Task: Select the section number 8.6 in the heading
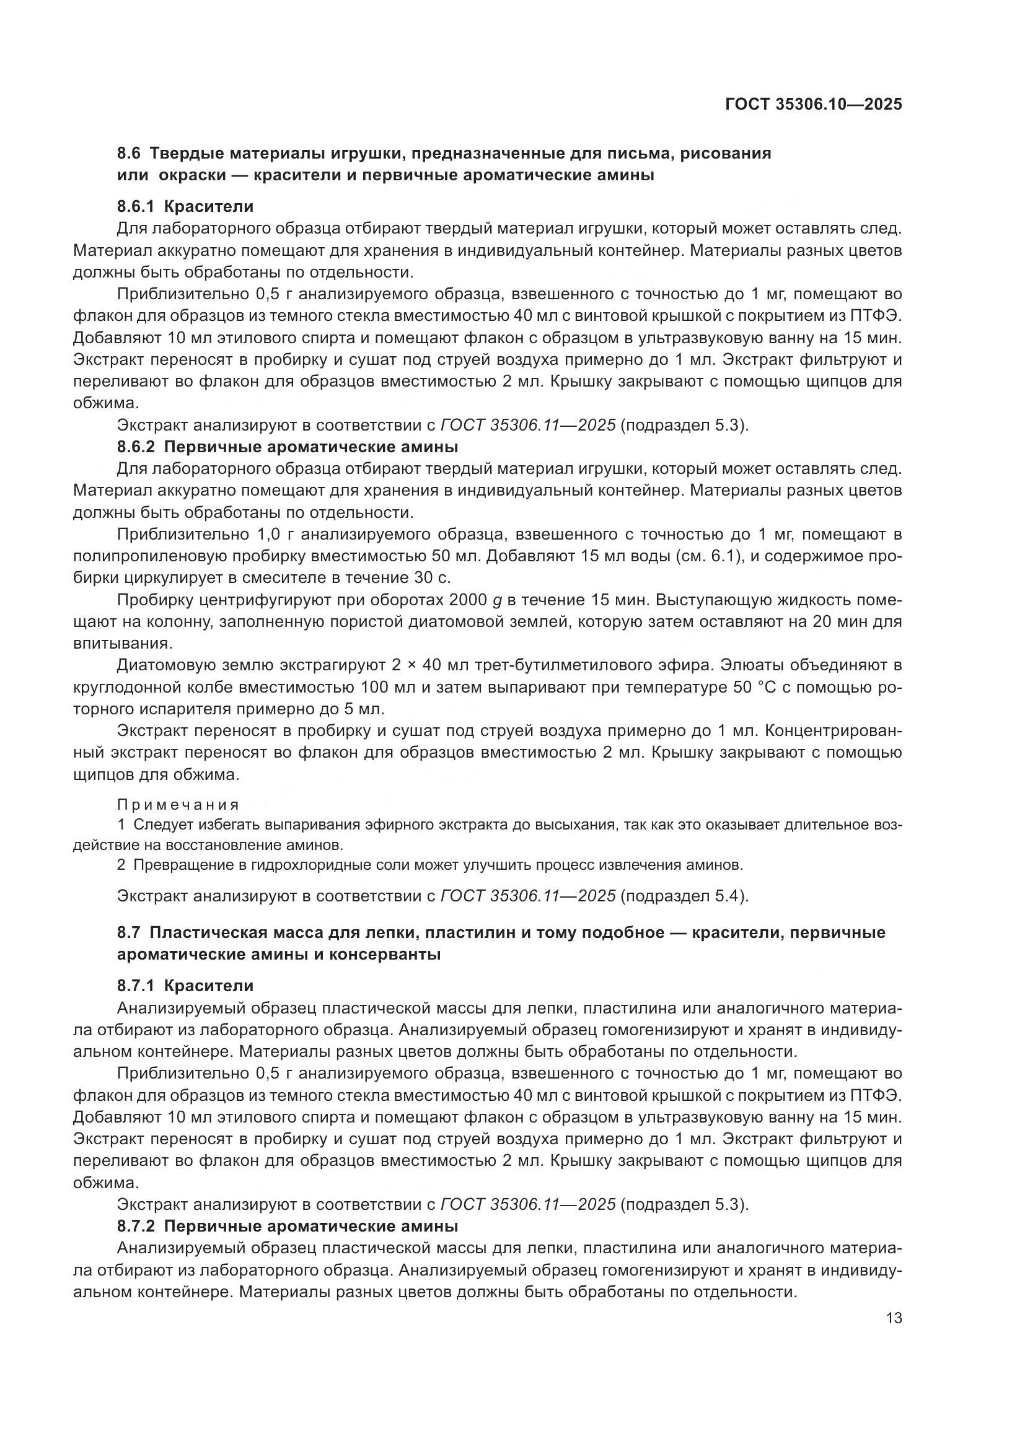(x=130, y=154)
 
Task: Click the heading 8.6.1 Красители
(x=185, y=206)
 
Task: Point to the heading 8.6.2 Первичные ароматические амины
(x=287, y=447)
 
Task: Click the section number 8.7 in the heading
(x=130, y=933)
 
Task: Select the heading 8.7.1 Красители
(x=185, y=986)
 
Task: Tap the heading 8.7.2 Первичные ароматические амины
(x=287, y=1227)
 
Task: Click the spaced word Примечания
(x=178, y=805)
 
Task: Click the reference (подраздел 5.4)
(x=684, y=896)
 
